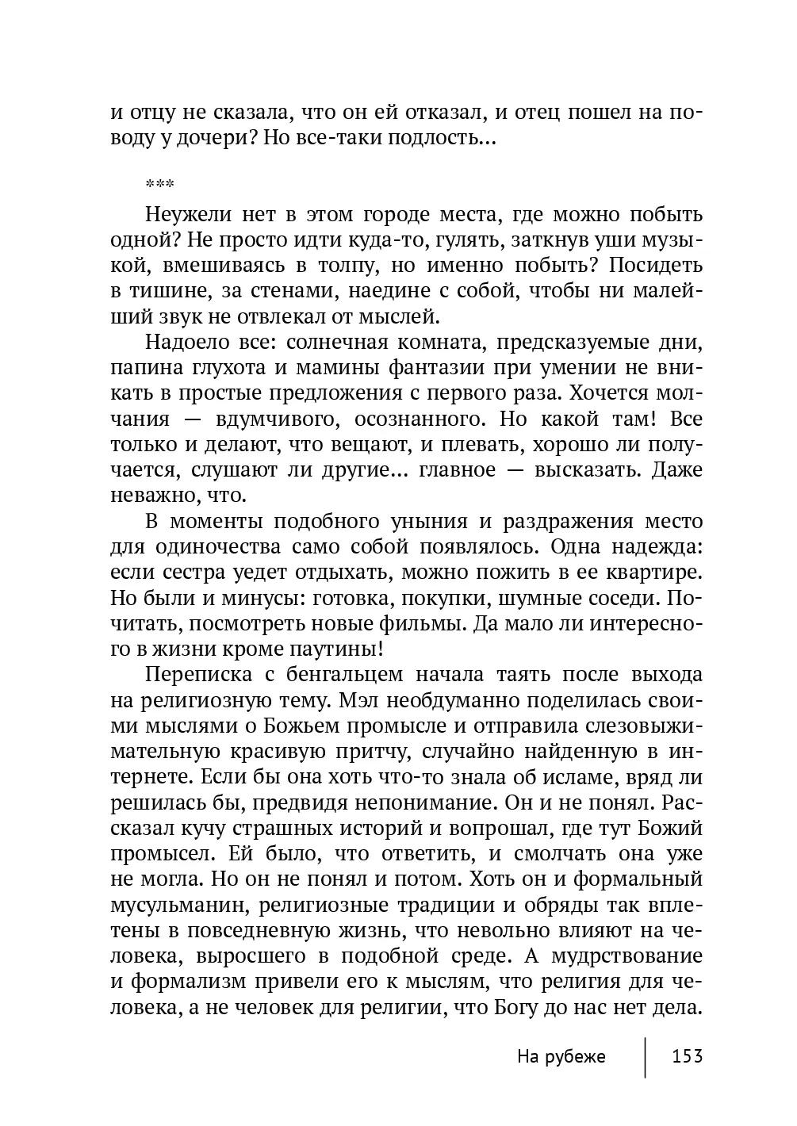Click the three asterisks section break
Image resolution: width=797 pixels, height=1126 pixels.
[x=160, y=184]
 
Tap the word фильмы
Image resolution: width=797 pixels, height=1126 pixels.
[x=426, y=624]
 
